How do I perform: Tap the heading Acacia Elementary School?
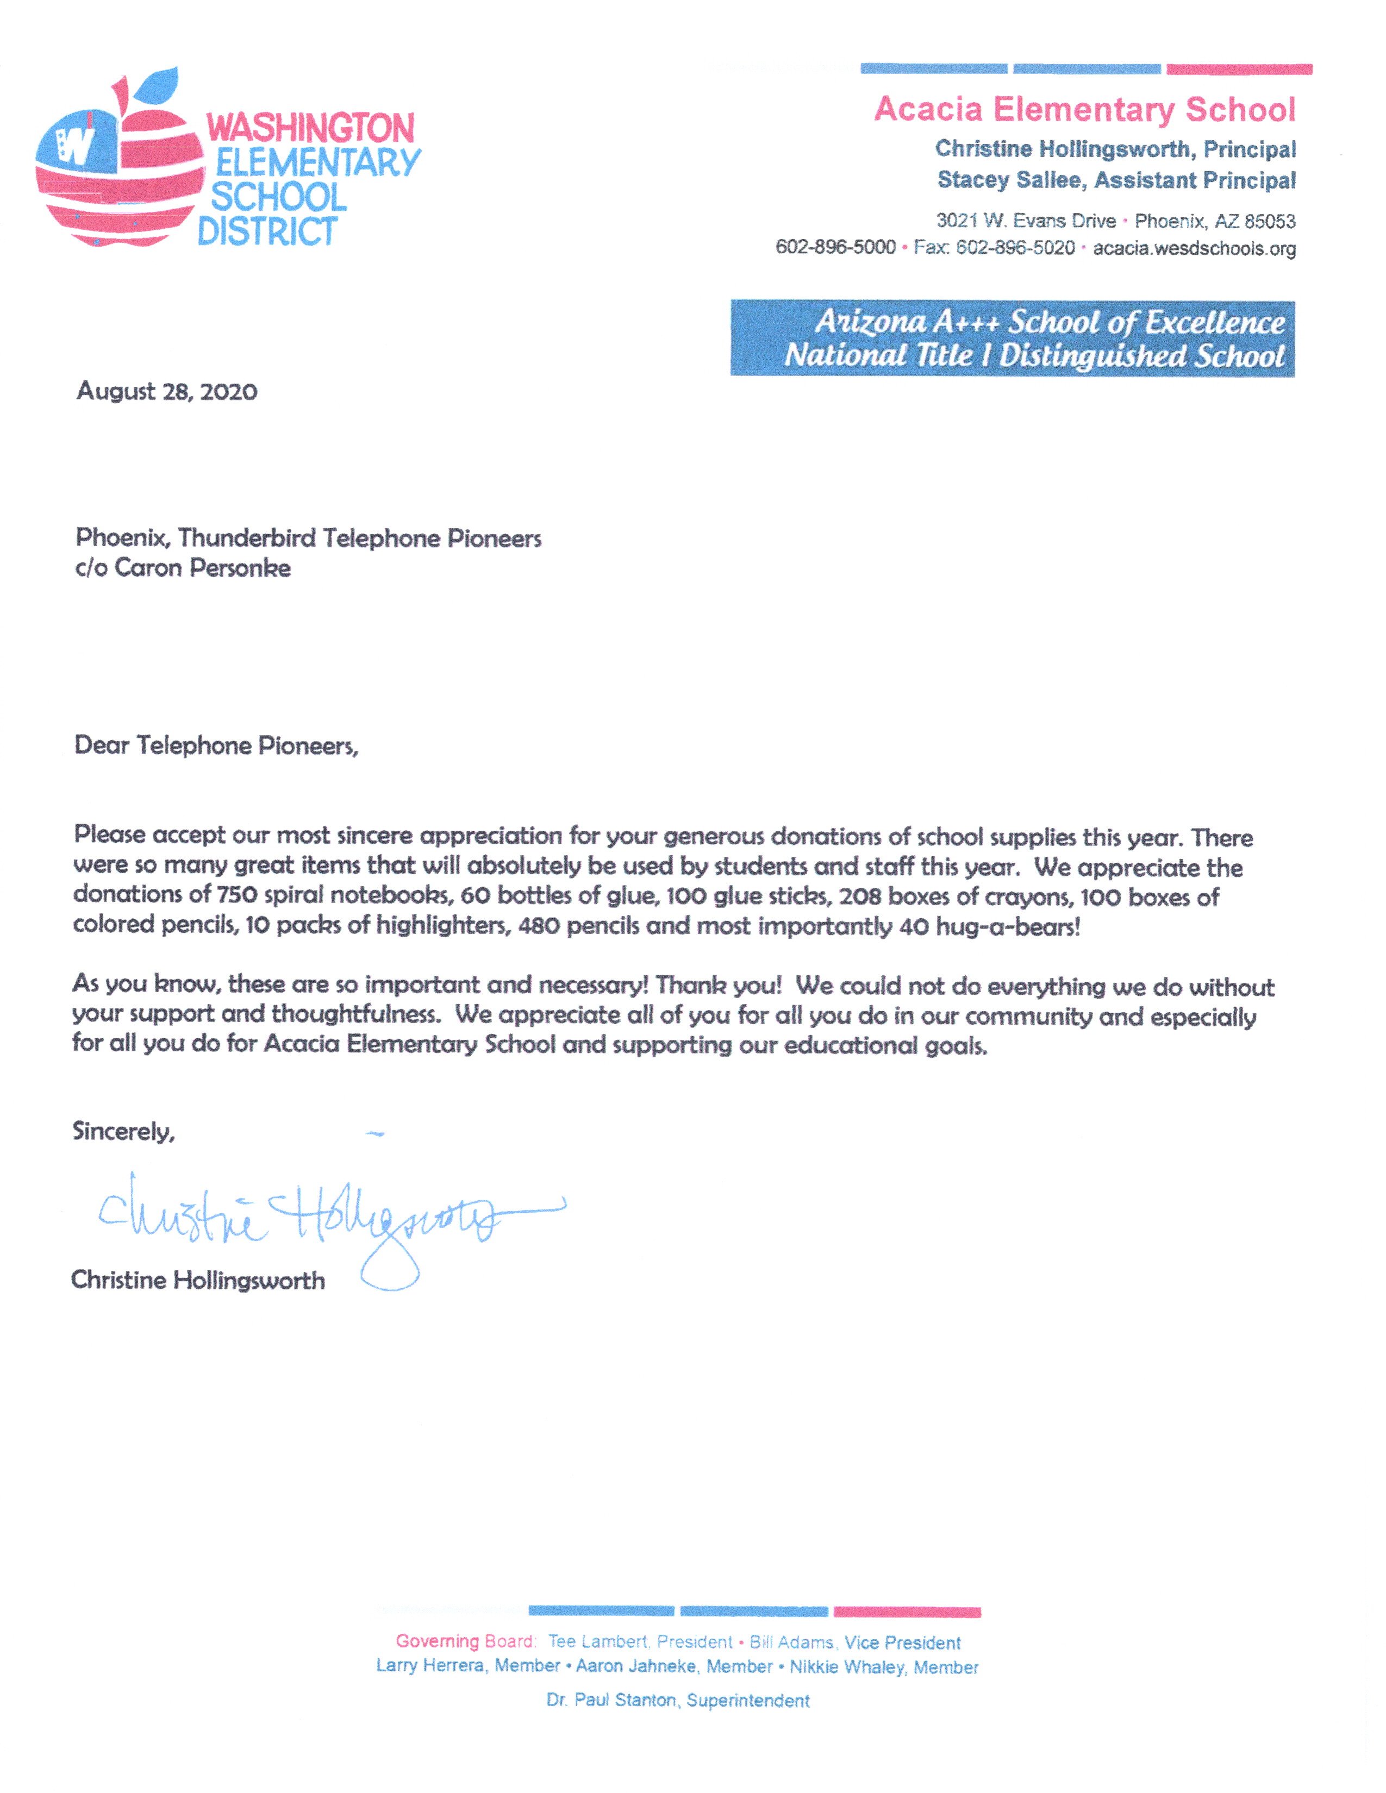point(1084,110)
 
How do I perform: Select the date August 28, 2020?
point(167,392)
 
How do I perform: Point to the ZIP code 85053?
point(1269,222)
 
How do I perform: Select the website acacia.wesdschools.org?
point(1194,249)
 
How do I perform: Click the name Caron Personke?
point(202,568)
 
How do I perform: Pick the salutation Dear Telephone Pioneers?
point(216,745)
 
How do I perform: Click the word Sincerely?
point(123,1131)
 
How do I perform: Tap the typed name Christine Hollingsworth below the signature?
point(198,1281)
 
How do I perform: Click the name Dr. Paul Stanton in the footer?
point(611,1700)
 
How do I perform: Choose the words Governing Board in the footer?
point(465,1641)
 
